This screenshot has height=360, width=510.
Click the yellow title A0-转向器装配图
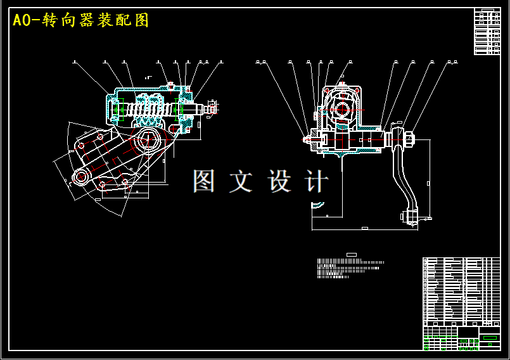[x=80, y=20]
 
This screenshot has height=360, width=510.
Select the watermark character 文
[x=241, y=181]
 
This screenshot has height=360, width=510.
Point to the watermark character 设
[x=279, y=181]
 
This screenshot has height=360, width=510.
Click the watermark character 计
[x=316, y=181]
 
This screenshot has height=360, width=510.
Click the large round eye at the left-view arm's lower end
[x=80, y=177]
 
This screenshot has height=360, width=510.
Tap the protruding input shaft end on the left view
[x=209, y=108]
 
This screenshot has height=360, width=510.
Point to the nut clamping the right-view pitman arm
[x=408, y=137]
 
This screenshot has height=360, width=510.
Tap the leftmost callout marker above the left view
[x=74, y=62]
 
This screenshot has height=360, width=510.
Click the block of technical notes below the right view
[x=350, y=269]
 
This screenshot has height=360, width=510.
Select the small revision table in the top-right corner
[x=487, y=32]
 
